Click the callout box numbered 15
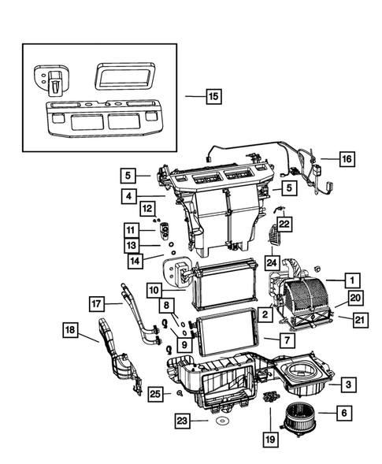click(213, 98)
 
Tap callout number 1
click(354, 279)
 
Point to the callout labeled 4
click(129, 195)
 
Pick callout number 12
click(147, 208)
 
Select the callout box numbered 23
click(184, 422)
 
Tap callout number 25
click(156, 393)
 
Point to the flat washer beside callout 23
click(224, 422)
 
